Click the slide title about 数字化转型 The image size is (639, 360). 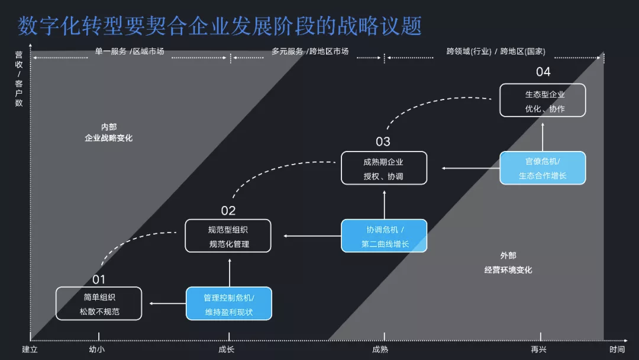[220, 25]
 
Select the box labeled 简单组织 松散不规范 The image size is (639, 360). [99, 303]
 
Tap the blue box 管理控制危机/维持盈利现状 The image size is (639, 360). [229, 304]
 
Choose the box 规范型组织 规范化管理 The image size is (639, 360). [228, 236]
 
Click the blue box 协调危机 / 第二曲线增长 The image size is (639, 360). [384, 236]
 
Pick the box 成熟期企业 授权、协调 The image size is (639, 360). [384, 168]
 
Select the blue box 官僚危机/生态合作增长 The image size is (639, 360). [543, 168]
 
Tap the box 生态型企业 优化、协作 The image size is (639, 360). [543, 100]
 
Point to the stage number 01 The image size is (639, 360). [99, 279]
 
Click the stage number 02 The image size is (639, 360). [228, 211]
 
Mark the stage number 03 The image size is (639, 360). [383, 142]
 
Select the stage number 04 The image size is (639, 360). [543, 72]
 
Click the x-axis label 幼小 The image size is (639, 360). [97, 349]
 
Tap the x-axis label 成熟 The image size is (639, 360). [380, 349]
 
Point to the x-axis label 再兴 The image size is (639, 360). [538, 349]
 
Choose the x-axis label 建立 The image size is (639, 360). [30, 349]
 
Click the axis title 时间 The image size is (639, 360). [617, 349]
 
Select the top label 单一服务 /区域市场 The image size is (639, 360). [130, 52]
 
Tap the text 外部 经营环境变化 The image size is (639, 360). [508, 262]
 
